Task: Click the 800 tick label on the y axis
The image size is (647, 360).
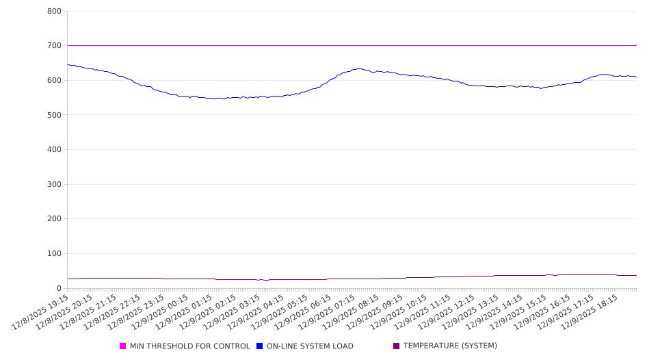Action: tap(55, 12)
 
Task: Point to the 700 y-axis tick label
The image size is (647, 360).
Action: tap(55, 46)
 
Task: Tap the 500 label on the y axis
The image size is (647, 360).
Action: tap(55, 115)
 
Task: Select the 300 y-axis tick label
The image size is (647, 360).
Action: tap(55, 184)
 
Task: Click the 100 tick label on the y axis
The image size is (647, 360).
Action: tap(55, 254)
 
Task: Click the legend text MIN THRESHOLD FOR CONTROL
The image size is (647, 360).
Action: tap(189, 346)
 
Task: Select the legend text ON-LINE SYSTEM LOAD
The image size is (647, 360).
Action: tap(310, 346)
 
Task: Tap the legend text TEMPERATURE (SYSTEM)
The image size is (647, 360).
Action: tap(450, 346)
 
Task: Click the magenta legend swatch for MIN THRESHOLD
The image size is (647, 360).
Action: tap(123, 346)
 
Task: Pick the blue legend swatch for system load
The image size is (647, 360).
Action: tap(260, 346)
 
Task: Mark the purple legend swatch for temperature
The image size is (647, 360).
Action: tap(397, 346)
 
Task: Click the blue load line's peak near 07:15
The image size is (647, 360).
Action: tap(360, 68)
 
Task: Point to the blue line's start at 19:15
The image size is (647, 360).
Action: tap(68, 65)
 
